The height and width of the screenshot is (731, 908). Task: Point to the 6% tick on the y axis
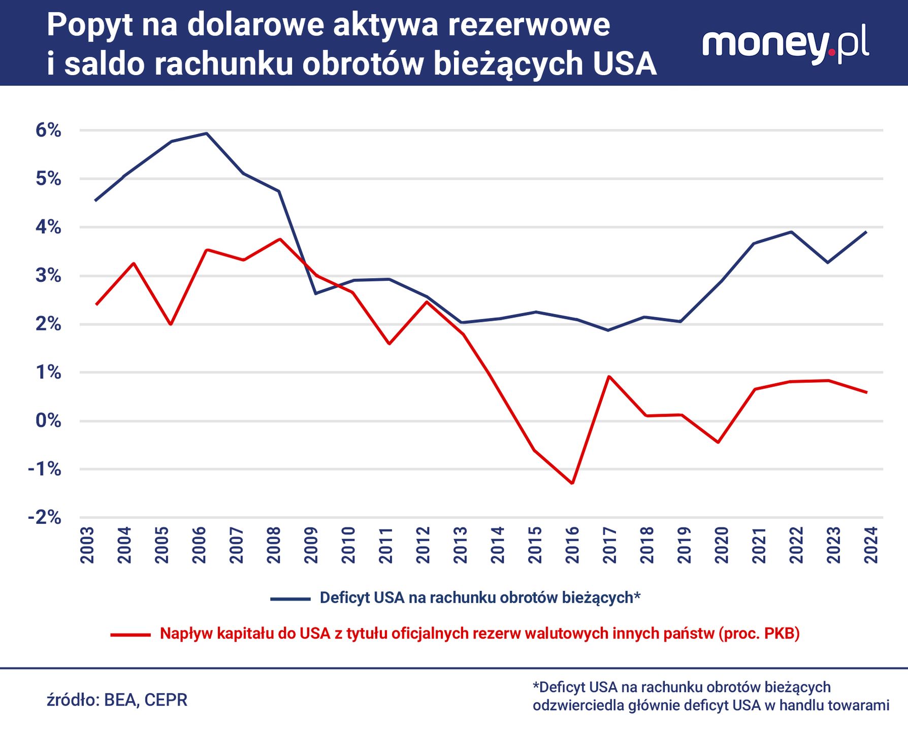click(48, 130)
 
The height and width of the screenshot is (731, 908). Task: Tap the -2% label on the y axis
click(44, 517)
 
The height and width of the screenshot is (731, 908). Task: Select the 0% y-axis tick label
click(48, 421)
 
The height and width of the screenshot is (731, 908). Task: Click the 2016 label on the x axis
click(572, 545)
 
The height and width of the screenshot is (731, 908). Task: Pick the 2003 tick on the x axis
click(87, 545)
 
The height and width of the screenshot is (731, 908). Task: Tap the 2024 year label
click(871, 545)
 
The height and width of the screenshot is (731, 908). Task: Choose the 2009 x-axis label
click(311, 545)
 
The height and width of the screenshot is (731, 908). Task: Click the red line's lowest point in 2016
click(572, 483)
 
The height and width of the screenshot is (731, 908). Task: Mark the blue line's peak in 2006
click(206, 134)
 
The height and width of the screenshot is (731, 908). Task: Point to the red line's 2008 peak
click(280, 239)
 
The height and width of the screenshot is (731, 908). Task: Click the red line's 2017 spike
click(609, 376)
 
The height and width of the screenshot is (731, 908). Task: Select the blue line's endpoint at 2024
click(866, 232)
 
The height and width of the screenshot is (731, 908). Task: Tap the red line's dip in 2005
click(171, 324)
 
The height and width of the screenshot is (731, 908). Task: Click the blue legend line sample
click(290, 599)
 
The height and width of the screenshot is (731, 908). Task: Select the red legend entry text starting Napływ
click(479, 634)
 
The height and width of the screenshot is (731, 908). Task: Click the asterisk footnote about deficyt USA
click(710, 696)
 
